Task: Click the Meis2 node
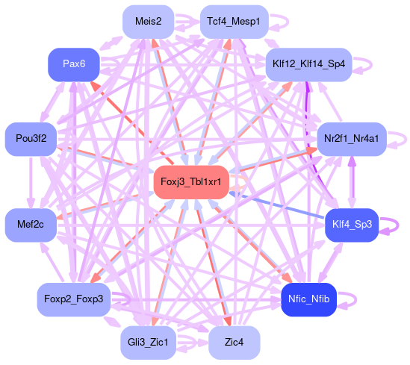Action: pos(149,22)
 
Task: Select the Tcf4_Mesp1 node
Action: pos(234,22)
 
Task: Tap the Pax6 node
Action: pos(74,64)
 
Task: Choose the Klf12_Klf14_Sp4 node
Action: pos(308,64)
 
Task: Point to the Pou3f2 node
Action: pos(31,139)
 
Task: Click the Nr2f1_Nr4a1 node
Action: pos(352,139)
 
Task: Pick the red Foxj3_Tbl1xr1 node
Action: pos(191,182)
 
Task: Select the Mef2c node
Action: pos(31,225)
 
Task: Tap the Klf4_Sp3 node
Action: pos(352,225)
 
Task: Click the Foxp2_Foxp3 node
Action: pos(74,299)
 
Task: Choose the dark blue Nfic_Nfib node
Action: pos(308,299)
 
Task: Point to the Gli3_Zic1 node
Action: pos(149,343)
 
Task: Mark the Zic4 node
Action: pos(234,343)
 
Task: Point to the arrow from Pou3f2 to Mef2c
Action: pos(31,183)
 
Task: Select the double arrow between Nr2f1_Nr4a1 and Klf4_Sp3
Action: pos(352,182)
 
